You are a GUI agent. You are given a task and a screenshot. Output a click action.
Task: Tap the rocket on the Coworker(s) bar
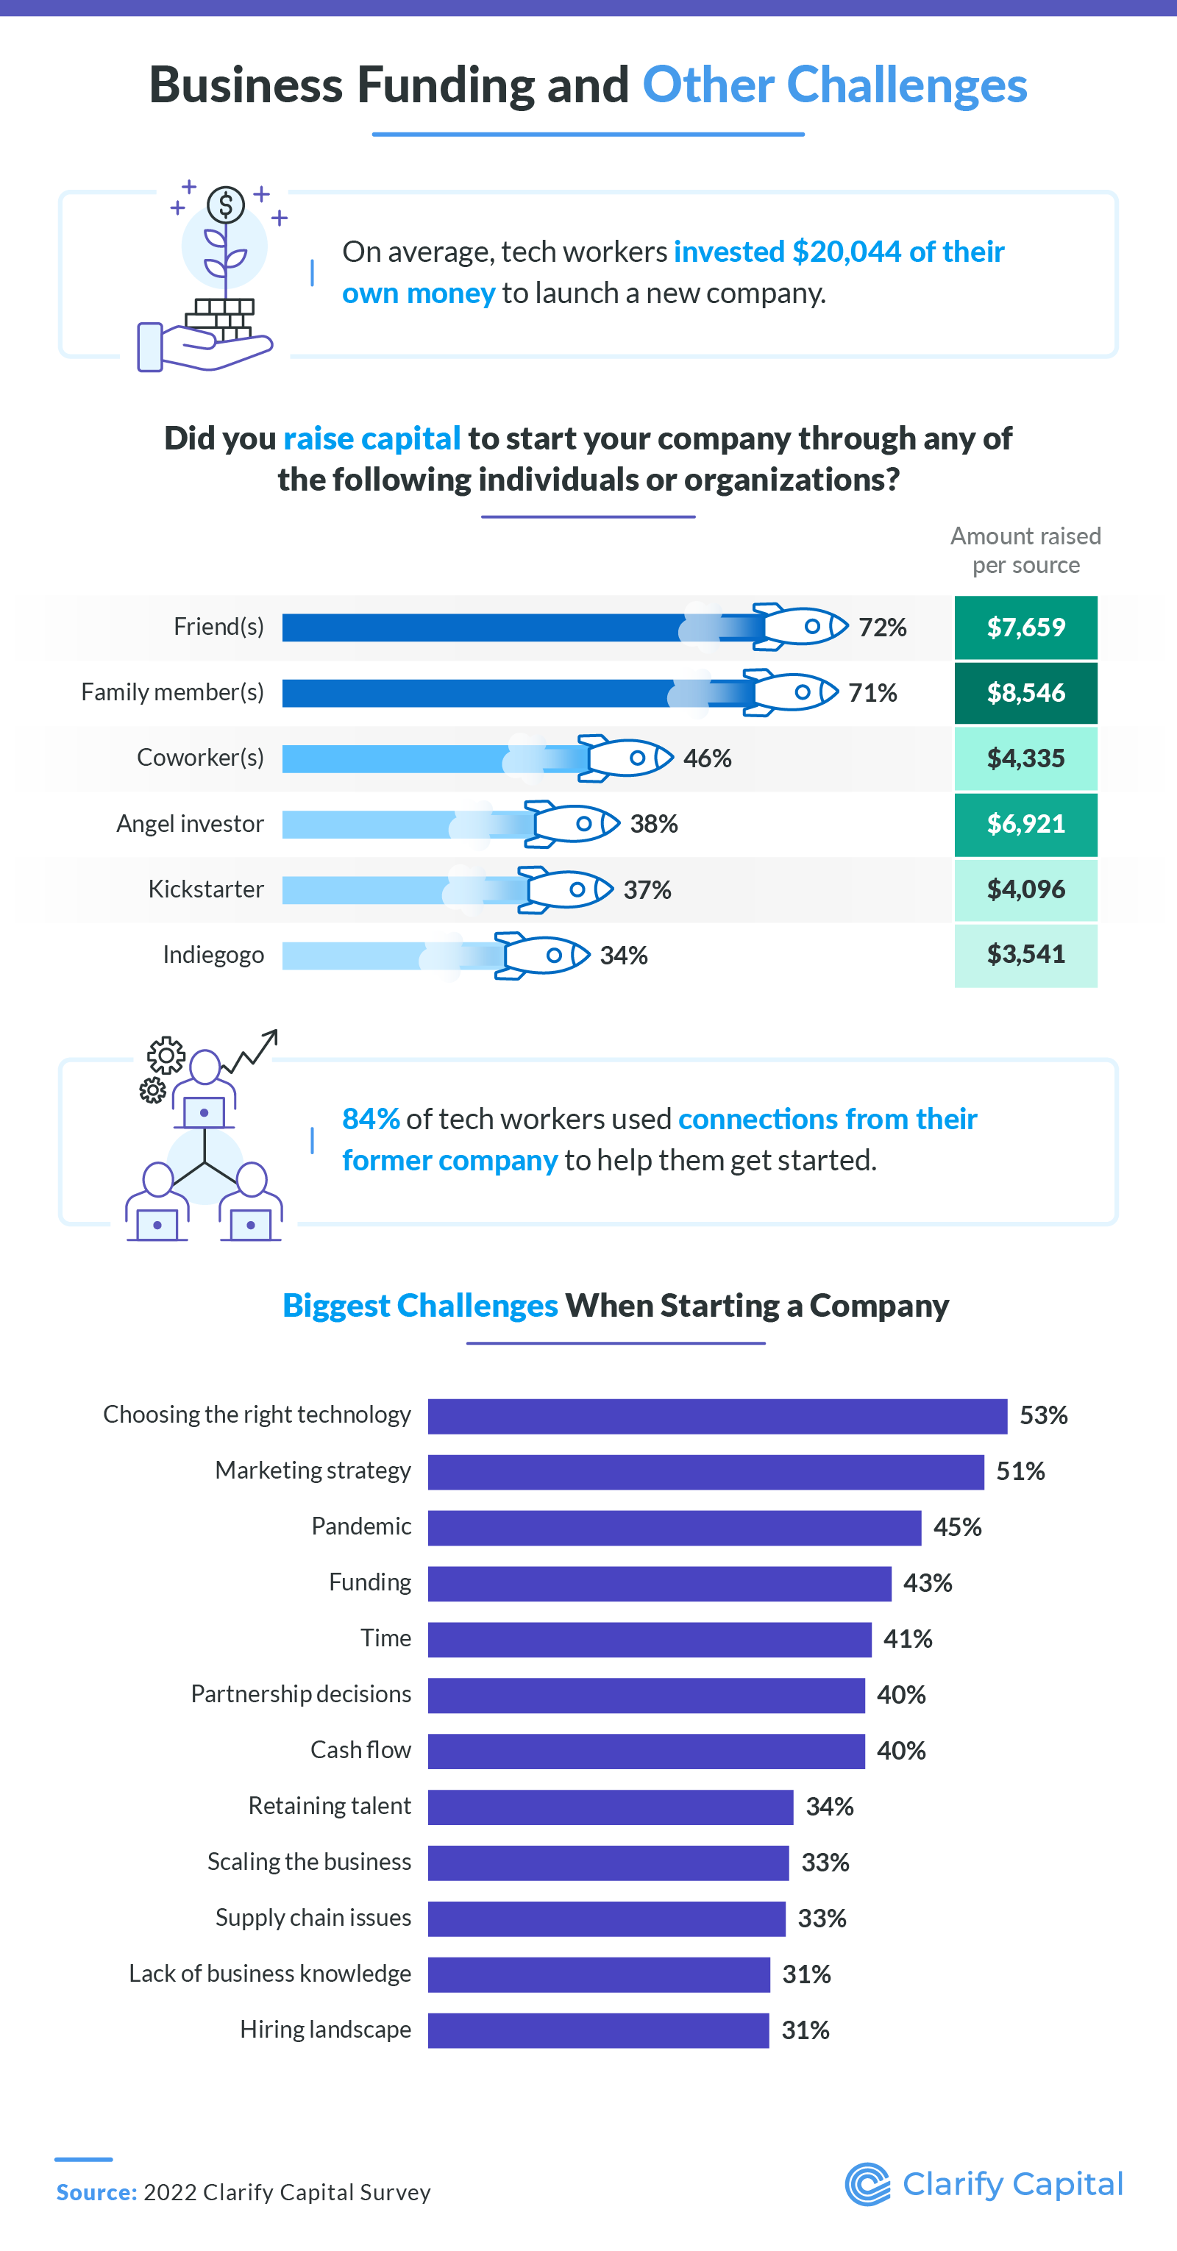point(627,758)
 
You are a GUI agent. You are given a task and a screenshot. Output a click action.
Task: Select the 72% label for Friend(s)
point(882,627)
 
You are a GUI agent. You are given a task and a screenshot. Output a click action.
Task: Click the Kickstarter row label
point(205,889)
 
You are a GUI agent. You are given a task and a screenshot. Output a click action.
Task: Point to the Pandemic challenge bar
point(674,1527)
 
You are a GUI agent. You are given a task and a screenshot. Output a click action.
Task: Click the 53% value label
point(1042,1415)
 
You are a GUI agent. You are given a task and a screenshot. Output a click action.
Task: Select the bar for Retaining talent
point(610,1807)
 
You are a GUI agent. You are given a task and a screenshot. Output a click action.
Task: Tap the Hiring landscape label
point(325,2030)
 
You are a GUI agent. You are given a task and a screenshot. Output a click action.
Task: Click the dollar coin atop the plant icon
point(225,205)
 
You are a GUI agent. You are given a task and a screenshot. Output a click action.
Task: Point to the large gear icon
point(166,1056)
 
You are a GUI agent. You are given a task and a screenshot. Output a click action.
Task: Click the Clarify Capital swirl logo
point(867,2184)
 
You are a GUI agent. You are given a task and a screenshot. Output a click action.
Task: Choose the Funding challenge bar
point(659,1583)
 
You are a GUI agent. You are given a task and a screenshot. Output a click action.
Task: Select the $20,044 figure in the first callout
point(846,252)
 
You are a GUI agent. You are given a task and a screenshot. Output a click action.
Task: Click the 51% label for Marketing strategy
point(1020,1471)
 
